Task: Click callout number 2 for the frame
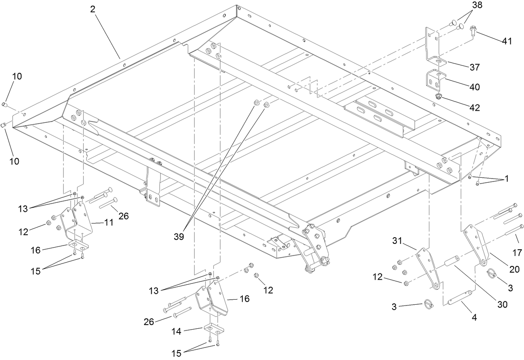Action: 92,9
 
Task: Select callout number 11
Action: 108,223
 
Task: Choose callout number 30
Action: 502,304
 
